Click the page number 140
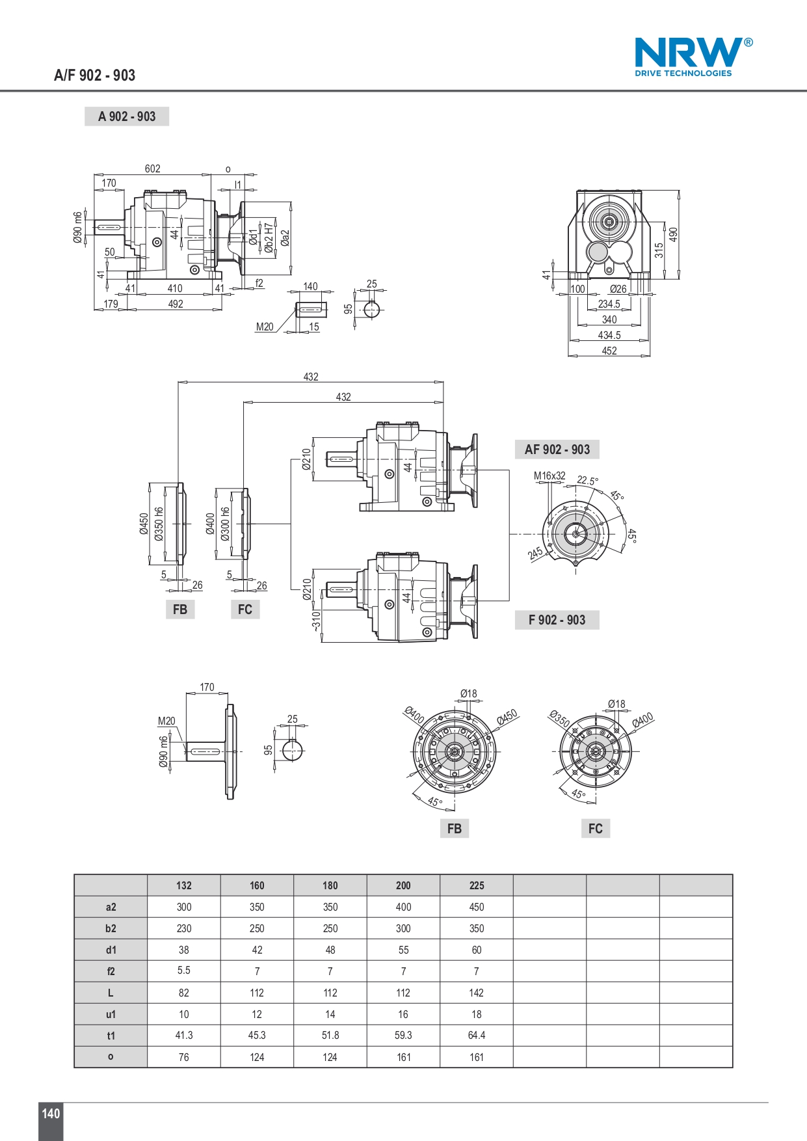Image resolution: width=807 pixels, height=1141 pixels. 51,1113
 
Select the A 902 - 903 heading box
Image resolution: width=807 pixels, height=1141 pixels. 127,116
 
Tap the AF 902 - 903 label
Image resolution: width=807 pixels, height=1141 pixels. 557,450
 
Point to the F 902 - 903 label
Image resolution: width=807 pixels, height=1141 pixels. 557,620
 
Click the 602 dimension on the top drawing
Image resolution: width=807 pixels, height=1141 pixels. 153,168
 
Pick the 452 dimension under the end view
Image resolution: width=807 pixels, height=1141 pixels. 609,351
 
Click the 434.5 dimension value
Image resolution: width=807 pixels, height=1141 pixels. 609,335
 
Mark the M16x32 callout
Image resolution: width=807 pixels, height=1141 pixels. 549,476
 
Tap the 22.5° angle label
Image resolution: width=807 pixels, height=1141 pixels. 588,481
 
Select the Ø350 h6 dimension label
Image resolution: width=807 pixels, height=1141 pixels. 159,524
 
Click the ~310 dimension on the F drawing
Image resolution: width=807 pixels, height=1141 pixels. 316,620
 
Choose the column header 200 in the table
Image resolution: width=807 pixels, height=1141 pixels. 403,885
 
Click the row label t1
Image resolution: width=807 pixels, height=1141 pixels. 111,1036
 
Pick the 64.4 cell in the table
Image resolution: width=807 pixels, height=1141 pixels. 477,1035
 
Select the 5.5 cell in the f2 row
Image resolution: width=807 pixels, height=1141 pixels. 184,970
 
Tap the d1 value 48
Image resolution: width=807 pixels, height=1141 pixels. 330,950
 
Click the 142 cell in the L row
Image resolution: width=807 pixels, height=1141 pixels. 477,993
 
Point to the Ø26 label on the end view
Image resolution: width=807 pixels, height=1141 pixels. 618,289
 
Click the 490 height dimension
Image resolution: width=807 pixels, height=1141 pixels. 673,234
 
